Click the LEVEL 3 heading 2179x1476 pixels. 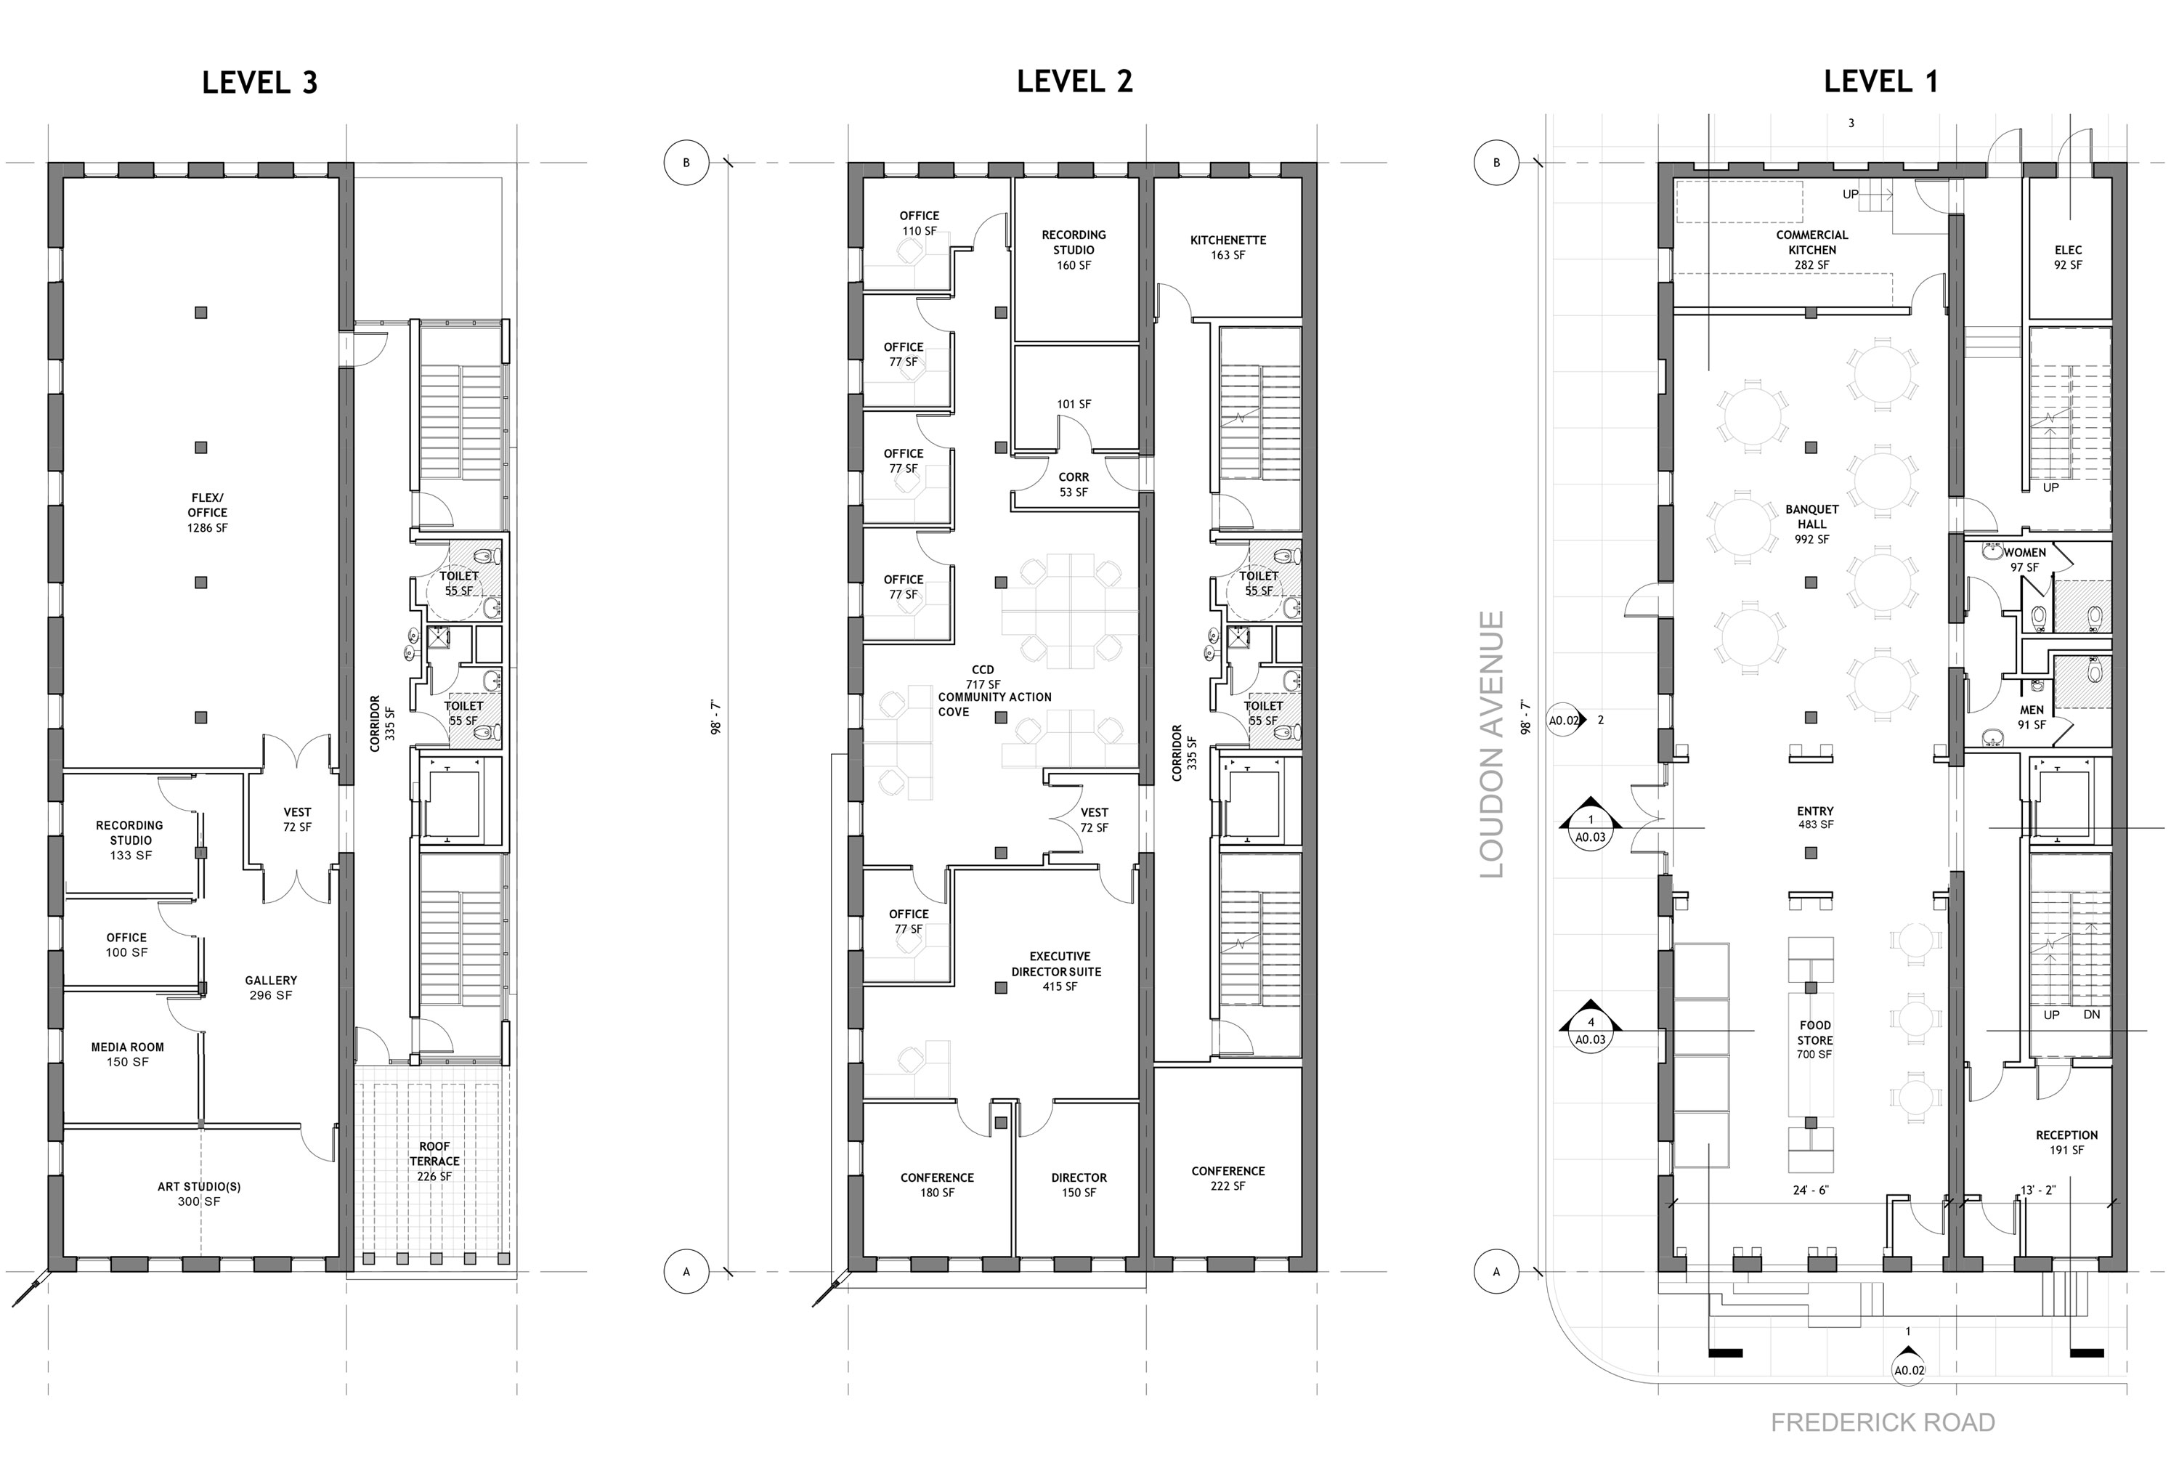click(260, 83)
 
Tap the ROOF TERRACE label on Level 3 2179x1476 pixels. click(434, 1161)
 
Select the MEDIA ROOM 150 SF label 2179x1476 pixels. click(128, 1055)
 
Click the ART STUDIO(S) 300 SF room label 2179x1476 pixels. click(199, 1193)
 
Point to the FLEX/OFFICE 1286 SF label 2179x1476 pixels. click(207, 513)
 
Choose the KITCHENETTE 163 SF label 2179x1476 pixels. click(1228, 248)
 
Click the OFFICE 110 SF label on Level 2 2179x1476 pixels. click(919, 223)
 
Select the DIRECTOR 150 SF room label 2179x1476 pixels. click(1079, 1185)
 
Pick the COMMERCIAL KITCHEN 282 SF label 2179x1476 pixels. click(1811, 249)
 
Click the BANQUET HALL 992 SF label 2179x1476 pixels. click(1811, 524)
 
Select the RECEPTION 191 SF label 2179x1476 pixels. click(2066, 1142)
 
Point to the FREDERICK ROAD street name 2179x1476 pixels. click(1882, 1422)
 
